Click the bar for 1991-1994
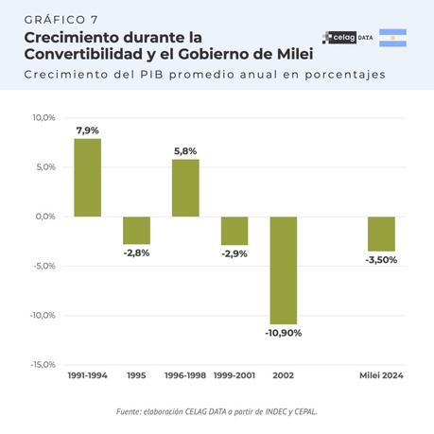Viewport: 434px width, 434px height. [x=87, y=178]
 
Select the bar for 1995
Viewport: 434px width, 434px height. [x=136, y=230]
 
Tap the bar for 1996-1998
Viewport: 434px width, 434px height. [x=185, y=187]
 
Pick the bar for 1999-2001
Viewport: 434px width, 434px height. [x=234, y=231]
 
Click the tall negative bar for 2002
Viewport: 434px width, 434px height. [x=284, y=270]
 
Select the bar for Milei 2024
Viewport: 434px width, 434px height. [x=381, y=234]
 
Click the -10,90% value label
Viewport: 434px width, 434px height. [x=284, y=334]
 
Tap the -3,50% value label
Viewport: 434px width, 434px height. [x=381, y=259]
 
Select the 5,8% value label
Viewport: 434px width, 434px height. [x=185, y=151]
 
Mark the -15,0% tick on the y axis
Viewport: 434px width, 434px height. [x=44, y=365]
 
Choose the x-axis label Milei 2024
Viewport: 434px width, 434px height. [x=381, y=375]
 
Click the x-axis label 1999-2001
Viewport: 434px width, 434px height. [x=234, y=375]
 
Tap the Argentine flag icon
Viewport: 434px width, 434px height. [x=392, y=38]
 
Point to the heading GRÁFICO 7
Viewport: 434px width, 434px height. [x=61, y=20]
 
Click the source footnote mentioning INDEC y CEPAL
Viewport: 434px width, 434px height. [x=217, y=411]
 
